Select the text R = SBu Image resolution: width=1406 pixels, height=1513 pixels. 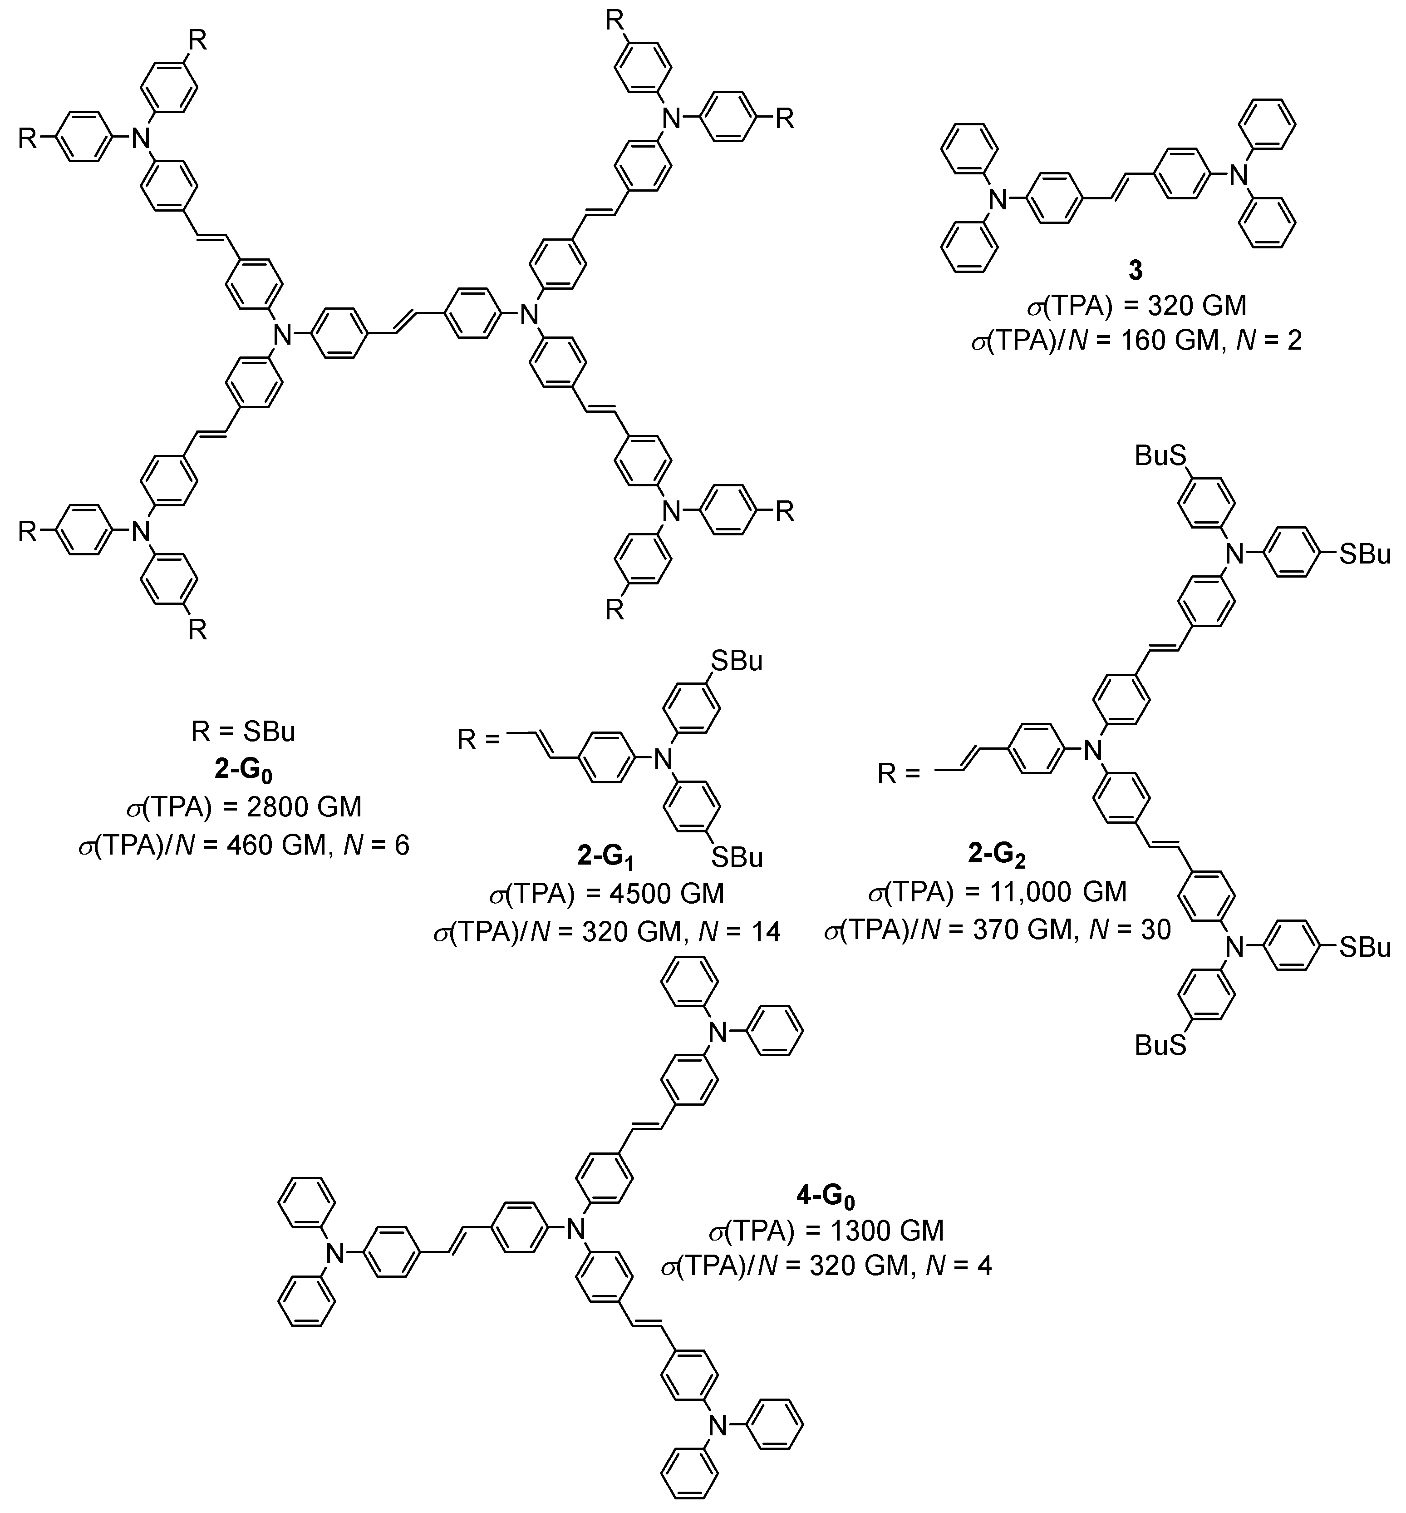click(243, 732)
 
